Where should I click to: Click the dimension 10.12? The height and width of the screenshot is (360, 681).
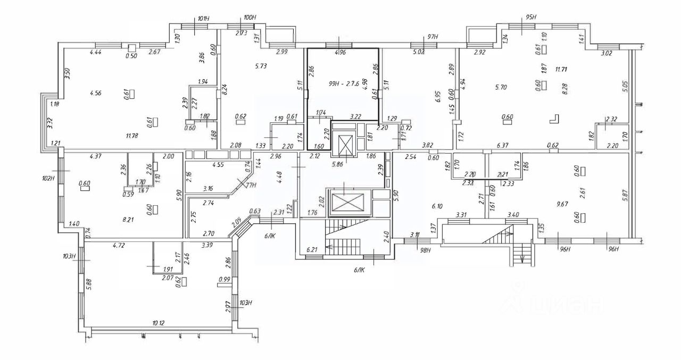(157, 323)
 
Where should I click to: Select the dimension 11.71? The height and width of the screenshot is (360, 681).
(558, 69)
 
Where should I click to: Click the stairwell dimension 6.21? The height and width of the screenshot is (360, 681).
(312, 249)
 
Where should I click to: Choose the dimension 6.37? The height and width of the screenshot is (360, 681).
(503, 145)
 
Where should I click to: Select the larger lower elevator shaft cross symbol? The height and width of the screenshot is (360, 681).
(346, 202)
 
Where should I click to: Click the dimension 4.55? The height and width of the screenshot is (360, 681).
(218, 165)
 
